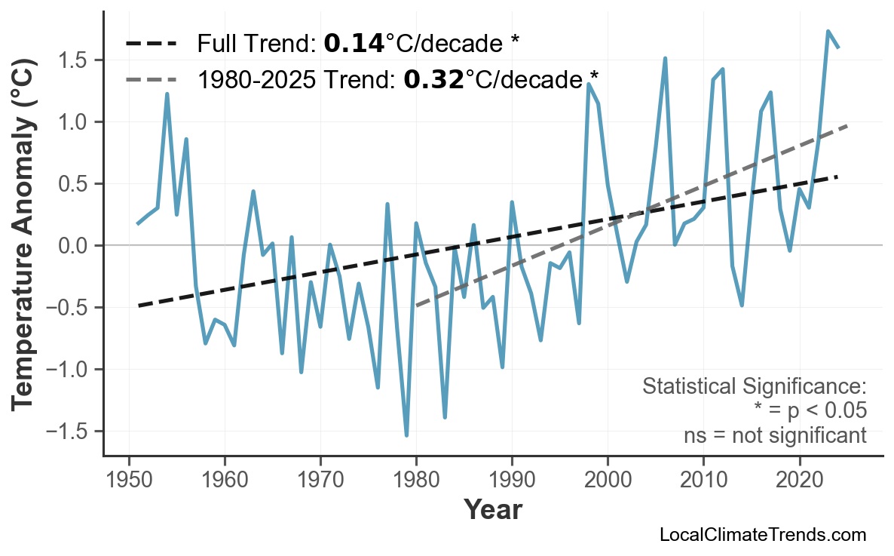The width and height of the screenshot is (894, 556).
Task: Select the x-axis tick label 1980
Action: click(416, 481)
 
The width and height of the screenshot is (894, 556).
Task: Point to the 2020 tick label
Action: click(799, 481)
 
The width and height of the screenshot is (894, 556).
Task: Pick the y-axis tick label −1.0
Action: click(70, 370)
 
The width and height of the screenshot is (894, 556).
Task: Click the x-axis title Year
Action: click(492, 510)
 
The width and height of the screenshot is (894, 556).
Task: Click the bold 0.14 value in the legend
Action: click(354, 44)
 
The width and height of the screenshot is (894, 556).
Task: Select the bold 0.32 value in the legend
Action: click(433, 79)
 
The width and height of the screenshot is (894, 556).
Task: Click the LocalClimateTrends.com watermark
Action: click(762, 535)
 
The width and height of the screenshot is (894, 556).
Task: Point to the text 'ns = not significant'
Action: click(775, 435)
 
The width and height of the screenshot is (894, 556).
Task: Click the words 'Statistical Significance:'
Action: click(755, 387)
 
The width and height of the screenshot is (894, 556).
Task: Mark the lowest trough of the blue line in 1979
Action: click(406, 435)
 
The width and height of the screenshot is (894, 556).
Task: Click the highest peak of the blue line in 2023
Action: click(828, 32)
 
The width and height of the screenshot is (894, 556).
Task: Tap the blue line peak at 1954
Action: click(167, 94)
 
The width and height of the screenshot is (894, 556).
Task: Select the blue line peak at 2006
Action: click(665, 58)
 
